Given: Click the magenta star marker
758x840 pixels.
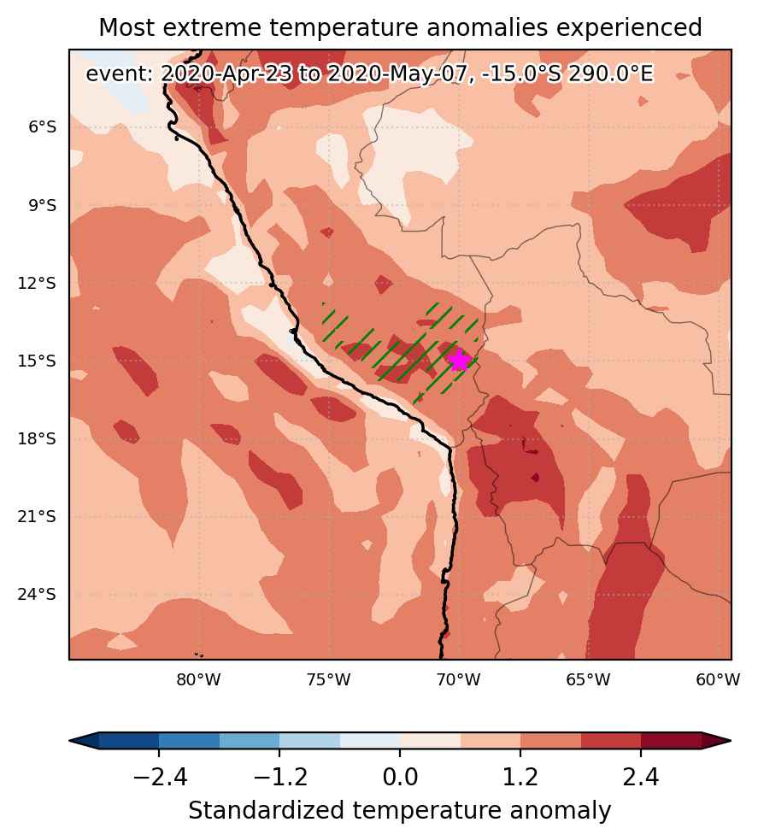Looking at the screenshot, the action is [x=459, y=361].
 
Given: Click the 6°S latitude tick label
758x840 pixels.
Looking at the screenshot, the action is [x=43, y=127].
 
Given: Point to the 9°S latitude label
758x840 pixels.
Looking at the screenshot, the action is [x=43, y=205].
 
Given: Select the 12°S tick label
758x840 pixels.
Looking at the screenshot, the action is [x=37, y=284].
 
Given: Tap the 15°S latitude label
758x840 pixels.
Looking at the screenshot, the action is [x=37, y=361].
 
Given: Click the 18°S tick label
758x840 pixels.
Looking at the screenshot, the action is [x=37, y=439].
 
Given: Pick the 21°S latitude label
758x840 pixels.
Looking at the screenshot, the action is [x=37, y=517].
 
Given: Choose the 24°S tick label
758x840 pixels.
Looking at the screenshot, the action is [x=37, y=595].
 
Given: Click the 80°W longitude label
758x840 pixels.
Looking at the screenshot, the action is [x=199, y=680].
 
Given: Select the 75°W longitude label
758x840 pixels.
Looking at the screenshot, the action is [x=329, y=680].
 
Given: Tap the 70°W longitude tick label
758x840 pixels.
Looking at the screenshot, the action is [x=459, y=680].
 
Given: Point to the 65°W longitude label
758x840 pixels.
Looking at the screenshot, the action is [x=588, y=680].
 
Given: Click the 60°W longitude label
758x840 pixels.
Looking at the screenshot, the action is [x=718, y=680].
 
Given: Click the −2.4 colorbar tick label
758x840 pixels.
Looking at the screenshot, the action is [x=160, y=776].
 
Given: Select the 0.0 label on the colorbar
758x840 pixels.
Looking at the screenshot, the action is [x=400, y=776].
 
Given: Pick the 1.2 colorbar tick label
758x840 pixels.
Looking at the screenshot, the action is [x=520, y=776].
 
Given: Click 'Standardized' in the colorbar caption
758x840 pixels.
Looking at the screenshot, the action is [x=267, y=811].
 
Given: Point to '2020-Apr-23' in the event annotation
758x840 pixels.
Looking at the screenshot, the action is [x=226, y=73].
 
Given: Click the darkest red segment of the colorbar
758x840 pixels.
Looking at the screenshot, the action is [x=671, y=740].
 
